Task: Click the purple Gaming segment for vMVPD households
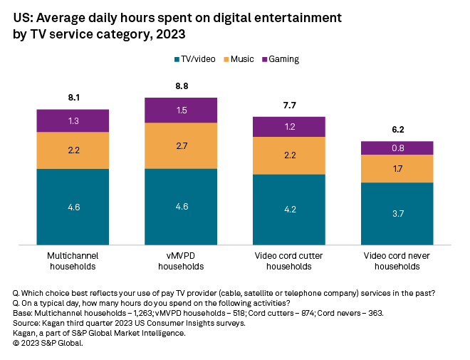(x=180, y=110)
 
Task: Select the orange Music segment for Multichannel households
(x=73, y=150)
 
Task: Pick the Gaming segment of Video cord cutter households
(x=289, y=126)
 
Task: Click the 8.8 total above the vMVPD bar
(x=180, y=87)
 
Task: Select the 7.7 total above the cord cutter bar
(x=289, y=105)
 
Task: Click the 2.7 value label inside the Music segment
(x=180, y=145)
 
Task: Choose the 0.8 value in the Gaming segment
(x=397, y=148)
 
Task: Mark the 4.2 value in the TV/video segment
(x=289, y=210)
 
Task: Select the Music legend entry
(x=240, y=59)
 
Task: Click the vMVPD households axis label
(x=180, y=261)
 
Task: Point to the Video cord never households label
(x=397, y=261)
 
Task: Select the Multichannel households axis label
(x=73, y=261)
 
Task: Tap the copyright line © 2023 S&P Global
(x=48, y=343)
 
